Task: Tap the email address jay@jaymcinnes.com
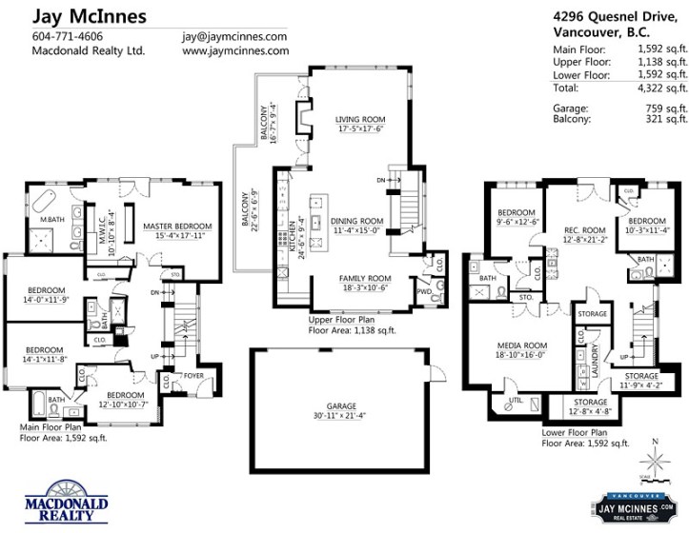coord(234,36)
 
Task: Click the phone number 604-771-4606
coord(68,36)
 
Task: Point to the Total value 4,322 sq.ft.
coord(662,88)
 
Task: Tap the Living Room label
coord(358,120)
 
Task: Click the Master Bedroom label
coord(177,226)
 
